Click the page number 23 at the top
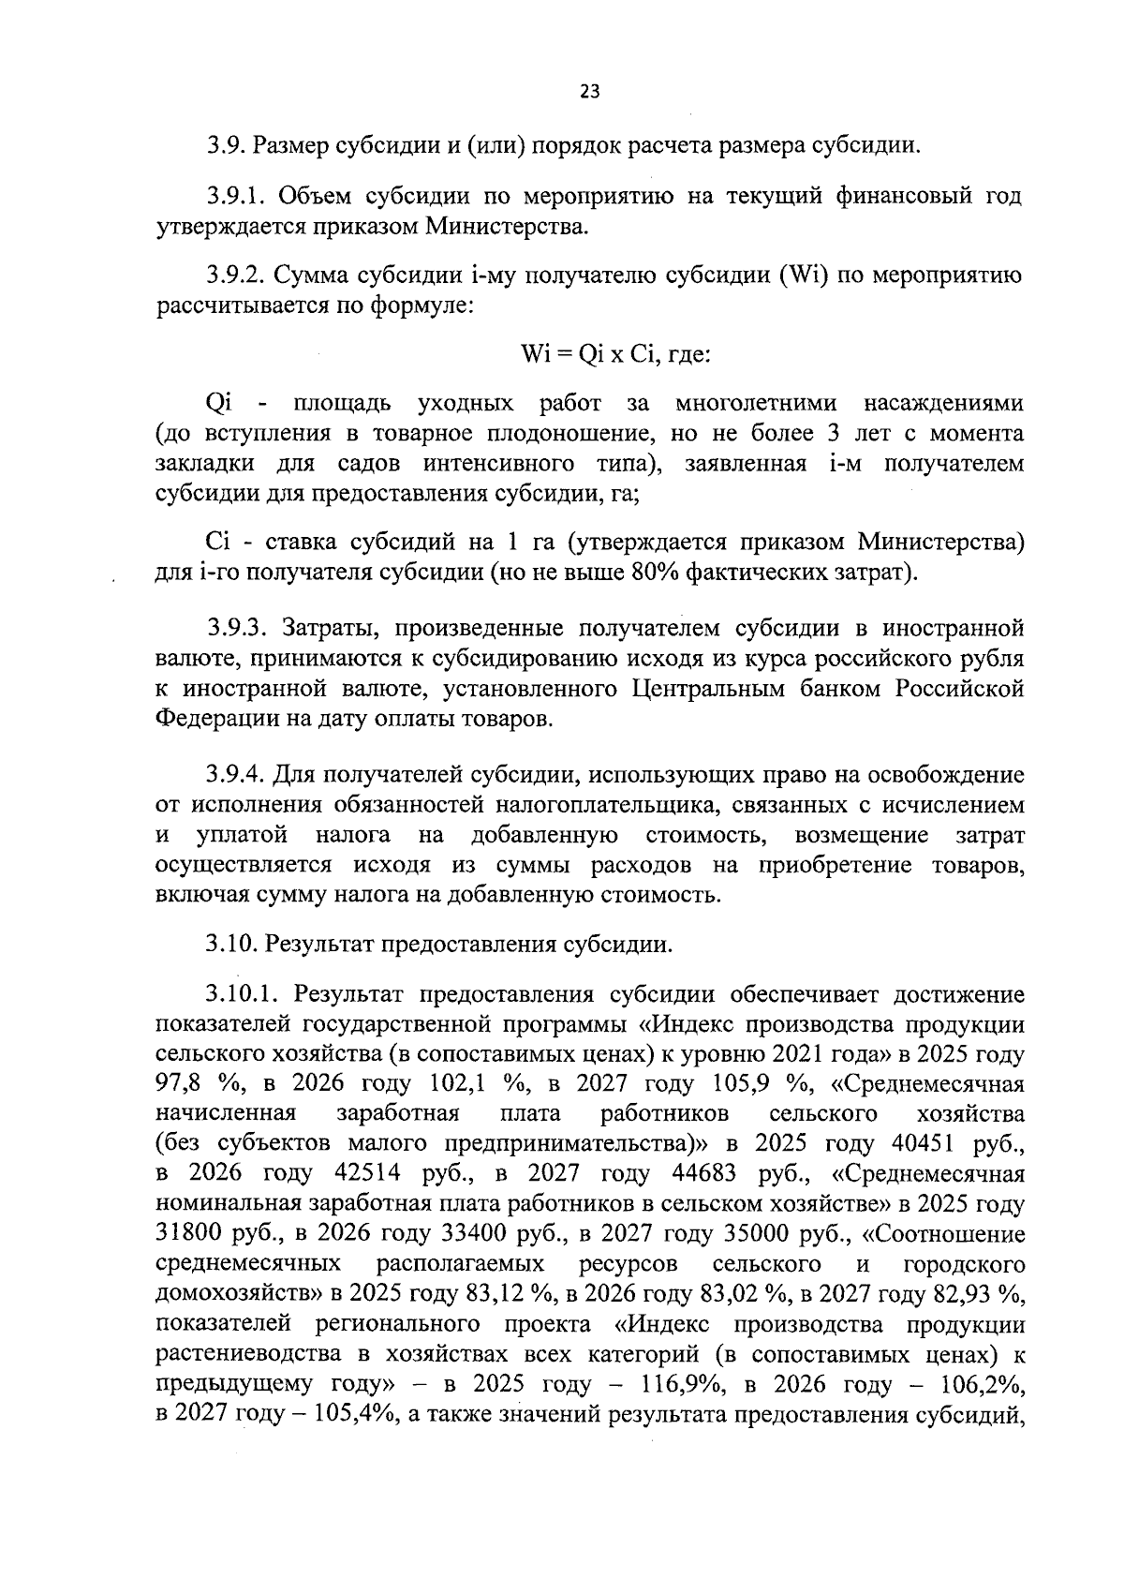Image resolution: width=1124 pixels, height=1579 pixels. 589,91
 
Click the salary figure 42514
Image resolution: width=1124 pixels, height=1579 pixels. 367,1174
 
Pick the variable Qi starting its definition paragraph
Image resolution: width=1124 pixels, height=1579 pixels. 219,404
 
